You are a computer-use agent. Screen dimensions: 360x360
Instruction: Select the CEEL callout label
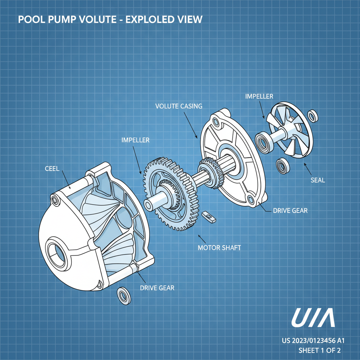tap(52, 168)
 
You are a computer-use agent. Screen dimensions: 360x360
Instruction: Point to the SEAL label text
tap(318, 180)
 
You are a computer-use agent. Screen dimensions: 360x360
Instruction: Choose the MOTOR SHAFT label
tap(219, 247)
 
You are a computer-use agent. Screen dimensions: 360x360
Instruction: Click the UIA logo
tap(313, 319)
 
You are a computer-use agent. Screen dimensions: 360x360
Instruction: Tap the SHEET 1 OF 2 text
tap(319, 350)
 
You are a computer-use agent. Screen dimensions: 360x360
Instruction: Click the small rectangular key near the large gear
tap(209, 217)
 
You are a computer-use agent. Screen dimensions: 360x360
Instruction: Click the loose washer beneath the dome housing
tap(123, 295)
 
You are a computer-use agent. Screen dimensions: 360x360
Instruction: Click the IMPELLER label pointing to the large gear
tap(135, 140)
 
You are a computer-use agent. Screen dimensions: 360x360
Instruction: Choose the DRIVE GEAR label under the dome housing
tap(157, 288)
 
